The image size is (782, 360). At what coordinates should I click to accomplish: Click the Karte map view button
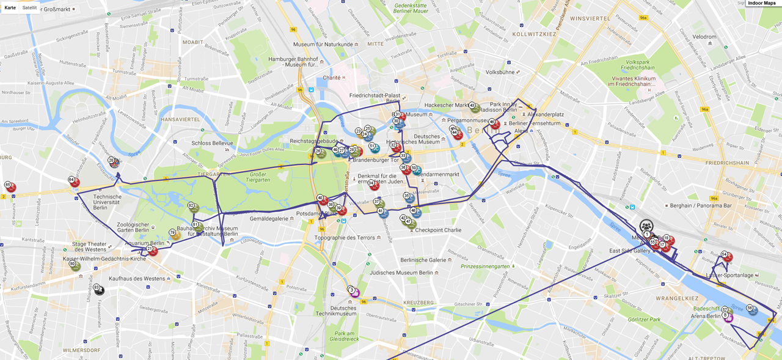pos(10,8)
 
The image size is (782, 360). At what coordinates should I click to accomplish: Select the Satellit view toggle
pos(29,8)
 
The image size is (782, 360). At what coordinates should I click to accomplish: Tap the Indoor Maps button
pos(762,4)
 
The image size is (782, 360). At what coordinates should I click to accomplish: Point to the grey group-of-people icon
pos(646,226)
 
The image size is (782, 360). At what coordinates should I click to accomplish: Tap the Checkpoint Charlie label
pos(438,230)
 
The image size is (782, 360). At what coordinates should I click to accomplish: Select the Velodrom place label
pos(704,37)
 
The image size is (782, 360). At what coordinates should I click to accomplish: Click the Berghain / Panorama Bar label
pos(700,206)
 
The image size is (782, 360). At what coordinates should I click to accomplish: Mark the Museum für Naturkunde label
pos(323,44)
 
